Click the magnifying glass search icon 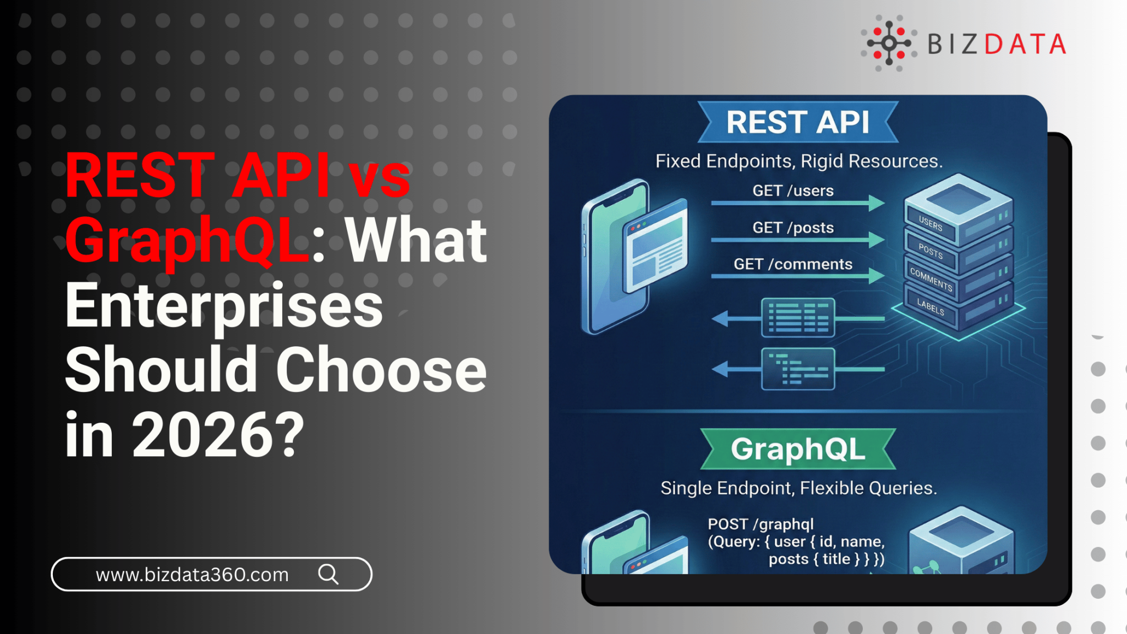click(x=329, y=574)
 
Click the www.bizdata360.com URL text click(x=192, y=575)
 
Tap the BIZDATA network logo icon click(x=889, y=43)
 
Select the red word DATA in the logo click(x=1025, y=45)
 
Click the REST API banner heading click(x=797, y=122)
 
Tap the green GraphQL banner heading click(x=797, y=449)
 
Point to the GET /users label click(x=792, y=191)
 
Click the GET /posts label click(x=792, y=228)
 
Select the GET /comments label click(x=792, y=264)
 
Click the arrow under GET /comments click(x=797, y=276)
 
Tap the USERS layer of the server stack click(x=931, y=224)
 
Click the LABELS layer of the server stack click(x=931, y=307)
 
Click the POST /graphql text click(x=761, y=524)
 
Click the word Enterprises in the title click(x=224, y=305)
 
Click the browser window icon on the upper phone click(x=656, y=247)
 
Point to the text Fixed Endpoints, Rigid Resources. click(x=798, y=161)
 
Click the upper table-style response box click(x=798, y=318)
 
